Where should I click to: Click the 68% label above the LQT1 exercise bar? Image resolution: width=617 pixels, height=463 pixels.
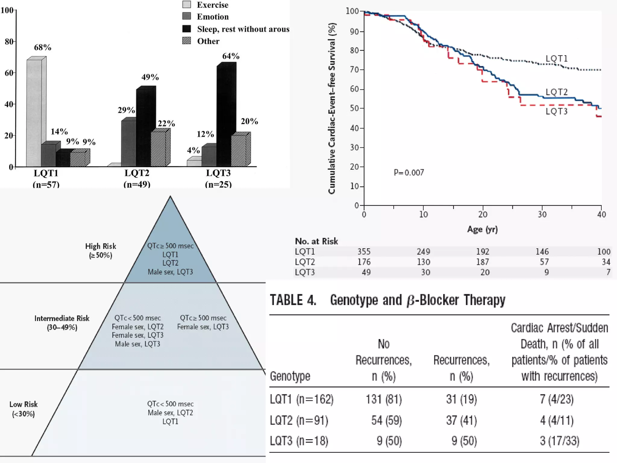[x=42, y=47]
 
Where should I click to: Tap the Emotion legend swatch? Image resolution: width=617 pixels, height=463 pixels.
[x=186, y=16]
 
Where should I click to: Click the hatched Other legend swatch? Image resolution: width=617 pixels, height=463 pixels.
[x=186, y=41]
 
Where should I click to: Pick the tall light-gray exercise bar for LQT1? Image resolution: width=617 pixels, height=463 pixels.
[x=34, y=113]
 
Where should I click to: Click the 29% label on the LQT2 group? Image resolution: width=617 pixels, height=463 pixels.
[x=126, y=110]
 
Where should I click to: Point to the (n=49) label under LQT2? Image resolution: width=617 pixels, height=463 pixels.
[x=137, y=184]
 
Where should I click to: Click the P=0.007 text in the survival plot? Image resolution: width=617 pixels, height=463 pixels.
[x=409, y=172]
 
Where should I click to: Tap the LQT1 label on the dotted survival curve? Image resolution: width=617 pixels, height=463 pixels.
[x=556, y=58]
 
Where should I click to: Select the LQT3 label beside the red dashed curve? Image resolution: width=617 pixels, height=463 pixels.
[x=556, y=112]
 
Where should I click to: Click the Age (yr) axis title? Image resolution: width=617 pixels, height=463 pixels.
[x=482, y=229]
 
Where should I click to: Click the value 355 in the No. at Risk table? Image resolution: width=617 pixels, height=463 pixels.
[x=364, y=251]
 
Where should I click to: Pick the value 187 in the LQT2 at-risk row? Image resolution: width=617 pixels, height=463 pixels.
[x=483, y=262]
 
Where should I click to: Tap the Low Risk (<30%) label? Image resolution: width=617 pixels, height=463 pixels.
[x=23, y=409]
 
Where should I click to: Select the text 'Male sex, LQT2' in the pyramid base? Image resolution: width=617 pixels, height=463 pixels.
[x=170, y=413]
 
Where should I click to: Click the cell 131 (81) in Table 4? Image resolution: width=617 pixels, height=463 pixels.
[x=384, y=399]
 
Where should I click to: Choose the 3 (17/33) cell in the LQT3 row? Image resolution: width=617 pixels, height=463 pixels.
[x=559, y=441]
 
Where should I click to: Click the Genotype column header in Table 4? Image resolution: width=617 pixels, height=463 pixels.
[x=290, y=376]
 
